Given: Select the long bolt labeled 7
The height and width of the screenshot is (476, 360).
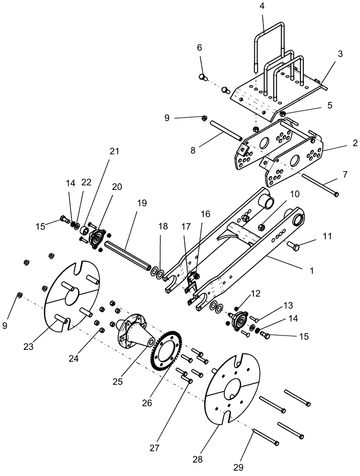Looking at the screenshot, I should click(x=320, y=187).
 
